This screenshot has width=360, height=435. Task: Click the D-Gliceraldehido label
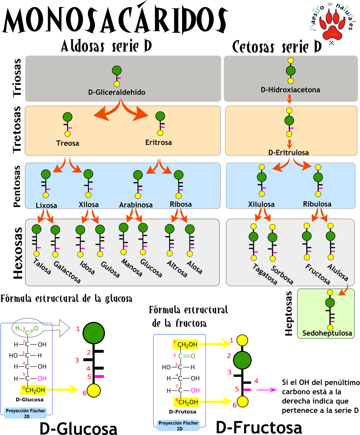(x=117, y=92)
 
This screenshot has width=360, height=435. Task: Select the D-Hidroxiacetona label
(x=290, y=90)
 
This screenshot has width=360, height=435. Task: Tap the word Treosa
(x=67, y=143)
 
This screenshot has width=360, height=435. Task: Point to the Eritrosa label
(x=158, y=143)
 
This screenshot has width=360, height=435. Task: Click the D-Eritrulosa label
(x=289, y=152)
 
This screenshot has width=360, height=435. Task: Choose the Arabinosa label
(x=136, y=205)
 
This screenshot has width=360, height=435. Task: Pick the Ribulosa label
(x=317, y=204)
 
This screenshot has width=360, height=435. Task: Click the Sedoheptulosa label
(x=327, y=333)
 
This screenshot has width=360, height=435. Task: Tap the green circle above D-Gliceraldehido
(x=117, y=70)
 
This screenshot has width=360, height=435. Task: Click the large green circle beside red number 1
(x=94, y=332)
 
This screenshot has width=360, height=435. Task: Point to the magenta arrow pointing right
(x=266, y=390)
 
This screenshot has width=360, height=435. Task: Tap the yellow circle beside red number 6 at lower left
(x=94, y=391)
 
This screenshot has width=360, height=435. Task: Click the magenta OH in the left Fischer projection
(x=42, y=379)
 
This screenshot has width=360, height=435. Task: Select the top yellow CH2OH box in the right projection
(x=186, y=344)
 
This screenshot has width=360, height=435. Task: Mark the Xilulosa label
(x=261, y=204)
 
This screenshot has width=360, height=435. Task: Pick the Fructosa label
(x=317, y=274)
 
